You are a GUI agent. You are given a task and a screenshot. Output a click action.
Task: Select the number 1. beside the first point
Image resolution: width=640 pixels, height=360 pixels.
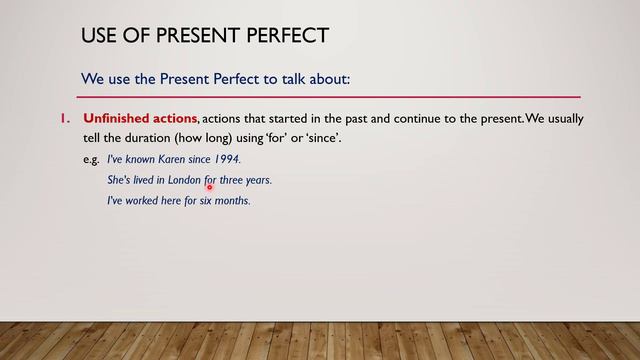(x=66, y=119)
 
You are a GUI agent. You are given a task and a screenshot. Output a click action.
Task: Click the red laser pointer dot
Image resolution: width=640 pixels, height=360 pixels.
(x=211, y=186)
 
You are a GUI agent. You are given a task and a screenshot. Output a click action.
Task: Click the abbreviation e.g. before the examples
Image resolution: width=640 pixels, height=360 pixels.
(x=92, y=160)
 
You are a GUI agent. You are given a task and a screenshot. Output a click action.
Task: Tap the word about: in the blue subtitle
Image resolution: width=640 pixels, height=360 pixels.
(x=327, y=78)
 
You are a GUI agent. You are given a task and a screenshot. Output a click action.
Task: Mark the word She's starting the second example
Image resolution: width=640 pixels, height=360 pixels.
(x=119, y=180)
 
